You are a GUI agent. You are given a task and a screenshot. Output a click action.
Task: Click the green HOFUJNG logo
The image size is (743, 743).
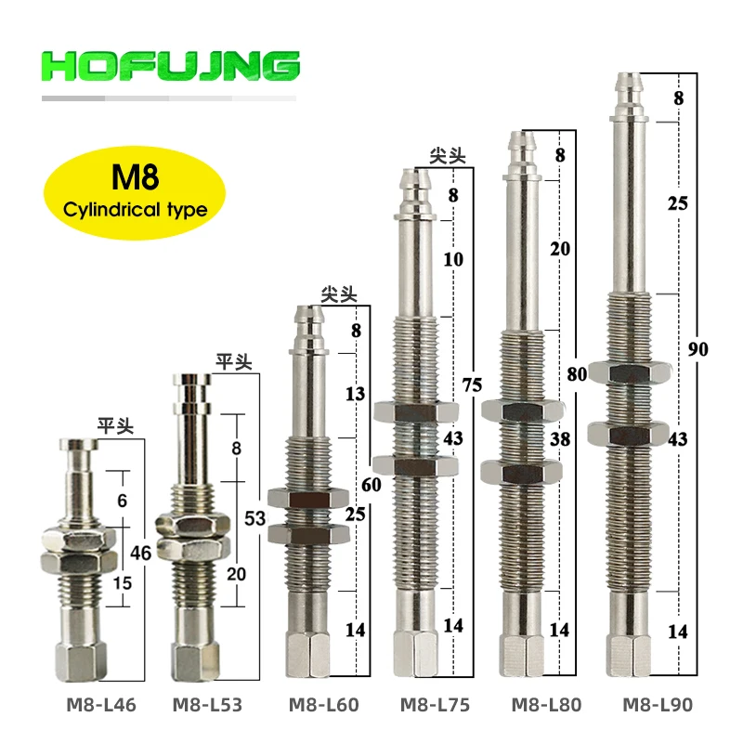(x=171, y=66)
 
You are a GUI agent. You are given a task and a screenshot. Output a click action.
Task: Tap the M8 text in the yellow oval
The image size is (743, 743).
(x=135, y=177)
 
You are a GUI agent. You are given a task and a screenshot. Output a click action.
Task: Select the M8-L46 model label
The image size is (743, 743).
(x=101, y=705)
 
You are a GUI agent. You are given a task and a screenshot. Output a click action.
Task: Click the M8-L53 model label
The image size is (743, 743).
(x=207, y=705)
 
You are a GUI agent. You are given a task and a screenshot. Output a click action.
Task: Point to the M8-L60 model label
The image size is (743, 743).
(x=323, y=705)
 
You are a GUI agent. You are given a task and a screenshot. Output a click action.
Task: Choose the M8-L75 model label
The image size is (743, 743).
(x=435, y=705)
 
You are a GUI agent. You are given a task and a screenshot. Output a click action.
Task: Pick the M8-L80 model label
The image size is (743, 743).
(x=546, y=705)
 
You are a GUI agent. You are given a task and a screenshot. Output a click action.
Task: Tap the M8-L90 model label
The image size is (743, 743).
(x=658, y=705)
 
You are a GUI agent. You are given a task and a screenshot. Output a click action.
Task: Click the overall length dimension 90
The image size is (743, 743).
(x=698, y=349)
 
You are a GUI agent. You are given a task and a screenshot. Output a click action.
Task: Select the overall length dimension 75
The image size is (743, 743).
(x=473, y=385)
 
